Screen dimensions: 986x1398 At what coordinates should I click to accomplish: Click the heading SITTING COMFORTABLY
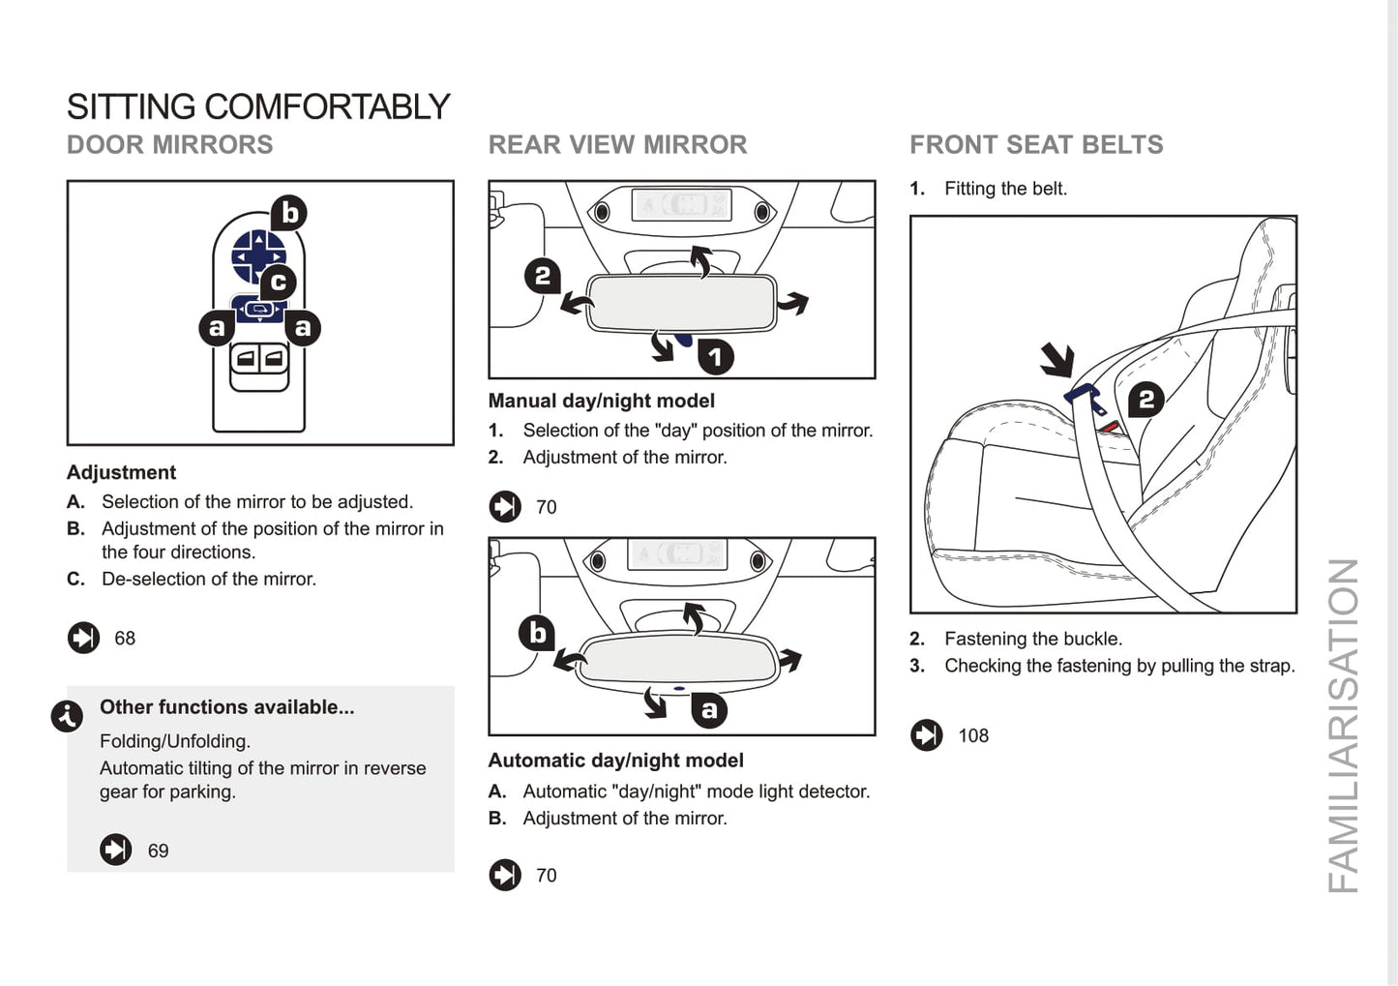258,106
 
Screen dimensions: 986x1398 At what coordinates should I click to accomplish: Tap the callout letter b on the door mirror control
288,213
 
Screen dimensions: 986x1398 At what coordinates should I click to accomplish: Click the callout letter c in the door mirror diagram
278,282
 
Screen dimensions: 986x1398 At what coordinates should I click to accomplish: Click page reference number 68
125,639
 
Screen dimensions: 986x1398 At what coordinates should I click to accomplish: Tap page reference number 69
158,852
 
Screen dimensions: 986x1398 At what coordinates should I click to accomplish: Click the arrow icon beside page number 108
926,735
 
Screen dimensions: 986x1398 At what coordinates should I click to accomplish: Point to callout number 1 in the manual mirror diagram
715,357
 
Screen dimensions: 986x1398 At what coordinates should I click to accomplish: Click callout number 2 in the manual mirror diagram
542,277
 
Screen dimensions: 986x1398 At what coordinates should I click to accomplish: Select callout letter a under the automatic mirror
709,710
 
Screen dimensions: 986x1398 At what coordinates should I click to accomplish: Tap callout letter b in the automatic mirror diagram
537,633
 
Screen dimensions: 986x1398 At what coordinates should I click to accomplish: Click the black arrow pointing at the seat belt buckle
1057,360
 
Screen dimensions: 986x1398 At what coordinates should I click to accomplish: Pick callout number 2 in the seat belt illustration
1145,399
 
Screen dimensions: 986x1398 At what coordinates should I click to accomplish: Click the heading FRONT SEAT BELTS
1036,145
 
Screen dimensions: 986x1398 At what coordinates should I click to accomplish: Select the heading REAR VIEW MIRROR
617,145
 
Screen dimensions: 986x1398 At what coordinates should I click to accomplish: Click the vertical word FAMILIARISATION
1343,726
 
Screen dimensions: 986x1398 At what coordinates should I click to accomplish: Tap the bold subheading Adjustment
122,473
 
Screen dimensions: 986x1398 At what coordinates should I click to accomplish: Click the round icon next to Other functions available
67,716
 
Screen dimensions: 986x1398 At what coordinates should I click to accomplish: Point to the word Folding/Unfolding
175,741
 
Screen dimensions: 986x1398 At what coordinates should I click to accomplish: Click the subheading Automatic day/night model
615,761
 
